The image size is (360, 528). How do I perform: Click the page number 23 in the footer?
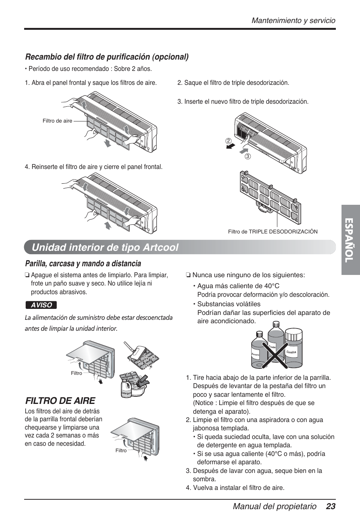click(331, 507)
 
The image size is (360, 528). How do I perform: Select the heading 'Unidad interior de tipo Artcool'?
click(105, 247)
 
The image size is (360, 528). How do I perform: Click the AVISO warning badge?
click(41, 305)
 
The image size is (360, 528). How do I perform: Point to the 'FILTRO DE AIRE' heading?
click(60, 400)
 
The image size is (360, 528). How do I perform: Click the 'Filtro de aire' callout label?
click(57, 121)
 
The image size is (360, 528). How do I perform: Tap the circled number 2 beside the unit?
click(228, 141)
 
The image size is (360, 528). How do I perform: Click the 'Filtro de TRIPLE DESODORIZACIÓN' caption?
click(272, 232)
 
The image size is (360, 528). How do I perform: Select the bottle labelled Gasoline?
click(294, 349)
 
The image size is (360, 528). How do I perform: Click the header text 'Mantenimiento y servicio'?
click(294, 21)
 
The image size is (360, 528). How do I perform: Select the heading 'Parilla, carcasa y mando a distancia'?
click(83, 263)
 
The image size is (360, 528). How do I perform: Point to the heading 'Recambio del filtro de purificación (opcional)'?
click(107, 57)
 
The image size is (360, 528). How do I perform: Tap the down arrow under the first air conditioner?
click(108, 143)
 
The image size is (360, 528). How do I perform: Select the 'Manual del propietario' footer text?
click(274, 507)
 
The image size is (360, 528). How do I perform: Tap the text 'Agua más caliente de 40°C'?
click(238, 286)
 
